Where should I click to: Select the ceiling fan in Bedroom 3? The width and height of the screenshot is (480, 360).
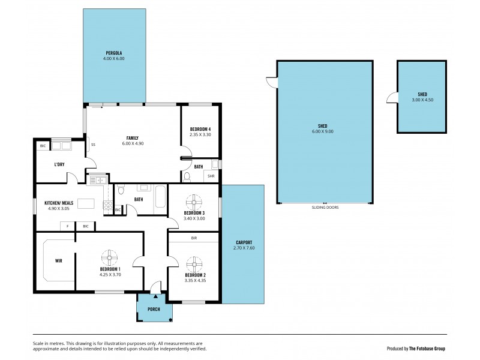click(x=194, y=202)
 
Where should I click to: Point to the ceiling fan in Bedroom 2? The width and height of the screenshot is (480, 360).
click(x=193, y=263)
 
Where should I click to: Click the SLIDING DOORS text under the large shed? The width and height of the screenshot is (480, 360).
click(x=326, y=207)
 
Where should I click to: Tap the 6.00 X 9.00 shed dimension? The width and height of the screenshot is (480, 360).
click(x=326, y=131)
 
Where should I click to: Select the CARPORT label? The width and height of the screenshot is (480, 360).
click(x=242, y=242)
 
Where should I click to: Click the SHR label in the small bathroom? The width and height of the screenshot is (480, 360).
click(x=211, y=176)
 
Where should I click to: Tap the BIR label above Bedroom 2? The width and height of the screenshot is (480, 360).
click(x=194, y=238)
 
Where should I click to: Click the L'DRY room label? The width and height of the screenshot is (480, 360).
click(x=59, y=164)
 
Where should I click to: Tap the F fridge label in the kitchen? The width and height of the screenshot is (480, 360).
click(x=67, y=226)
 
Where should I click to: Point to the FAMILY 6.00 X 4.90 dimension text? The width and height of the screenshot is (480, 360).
click(x=133, y=144)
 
